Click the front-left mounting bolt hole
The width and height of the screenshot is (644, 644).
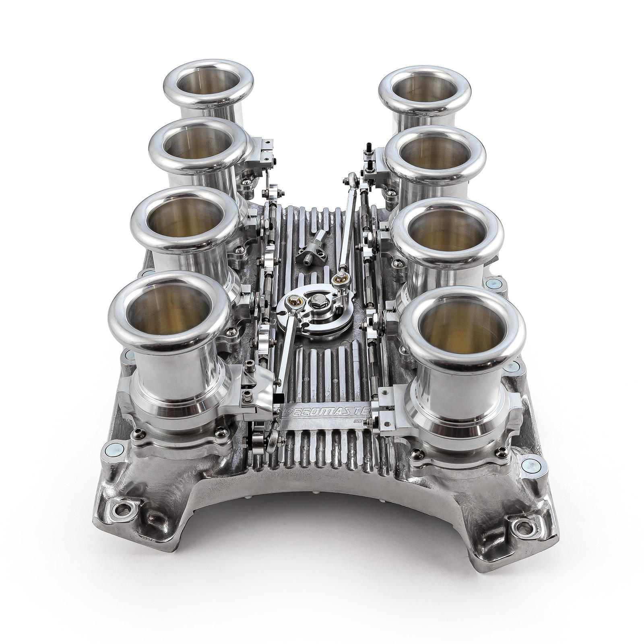point(120,510)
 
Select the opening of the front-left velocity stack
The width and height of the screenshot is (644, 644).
point(169,310)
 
